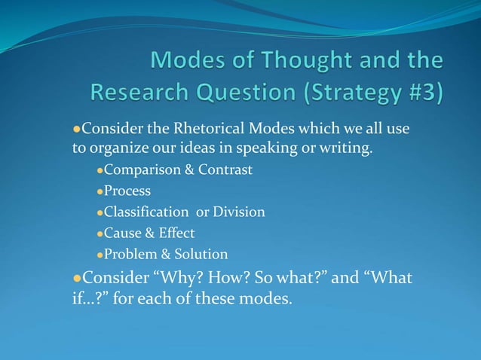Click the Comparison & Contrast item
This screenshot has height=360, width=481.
coord(178,170)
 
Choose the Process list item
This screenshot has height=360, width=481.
coord(127,191)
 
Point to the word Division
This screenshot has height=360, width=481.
coord(239,212)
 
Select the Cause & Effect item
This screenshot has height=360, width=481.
coord(149,233)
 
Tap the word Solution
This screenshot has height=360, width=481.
coord(201,255)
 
